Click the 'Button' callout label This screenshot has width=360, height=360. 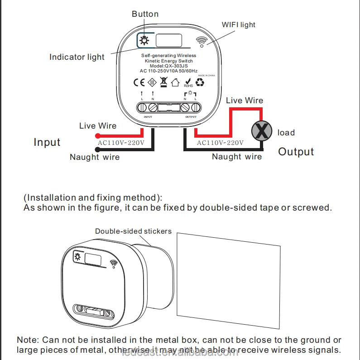coord(145,14)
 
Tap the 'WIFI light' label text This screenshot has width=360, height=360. coord(238,24)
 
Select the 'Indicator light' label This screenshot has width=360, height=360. coord(77,57)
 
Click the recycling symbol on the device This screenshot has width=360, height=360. coord(200,82)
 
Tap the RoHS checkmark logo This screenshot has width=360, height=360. coord(188,82)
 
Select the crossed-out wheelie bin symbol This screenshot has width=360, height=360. coord(163,82)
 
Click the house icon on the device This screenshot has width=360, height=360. coord(175,83)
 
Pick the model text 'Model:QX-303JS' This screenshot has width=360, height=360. coord(168,66)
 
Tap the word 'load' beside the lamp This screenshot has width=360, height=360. coord(286,133)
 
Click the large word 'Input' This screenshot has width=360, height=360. coord(47,142)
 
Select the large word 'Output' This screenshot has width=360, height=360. coord(296,152)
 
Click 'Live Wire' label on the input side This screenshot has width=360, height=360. coord(98,126)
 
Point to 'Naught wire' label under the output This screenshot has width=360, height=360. coord(237,157)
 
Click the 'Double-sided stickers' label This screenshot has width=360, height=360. coord(133,231)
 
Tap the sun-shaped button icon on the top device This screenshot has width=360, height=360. coord(144,41)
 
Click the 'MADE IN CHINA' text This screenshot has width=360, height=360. coord(206,76)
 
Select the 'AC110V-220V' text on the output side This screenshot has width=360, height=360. coord(220,143)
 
